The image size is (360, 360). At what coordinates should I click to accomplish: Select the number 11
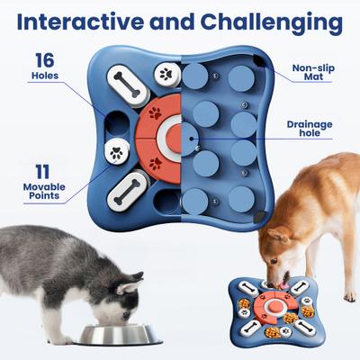(x=41, y=171)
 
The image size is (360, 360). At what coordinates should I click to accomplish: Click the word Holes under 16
(x=44, y=76)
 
